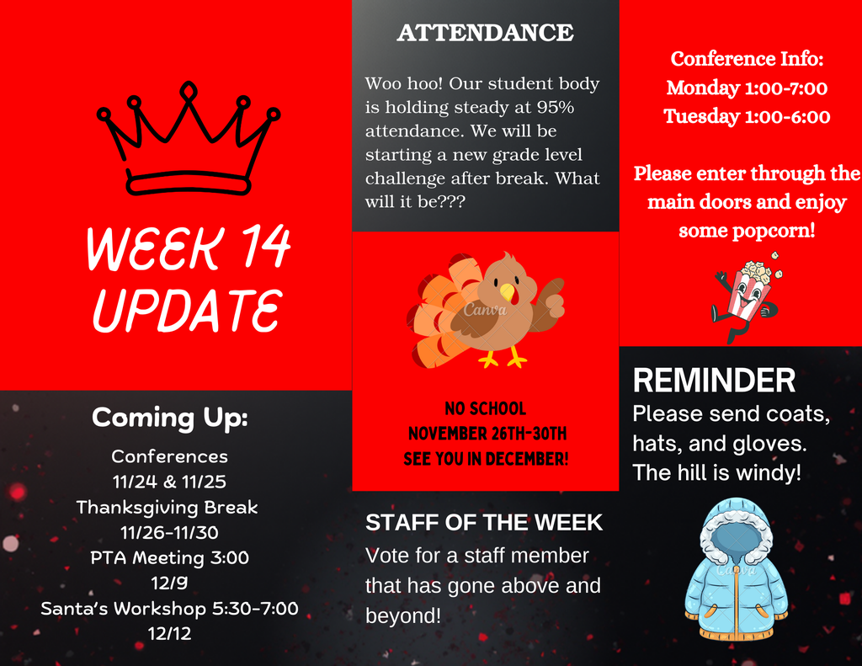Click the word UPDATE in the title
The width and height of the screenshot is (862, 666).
click(188, 310)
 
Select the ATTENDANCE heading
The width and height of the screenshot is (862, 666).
click(486, 33)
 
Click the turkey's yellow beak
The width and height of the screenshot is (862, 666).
click(508, 292)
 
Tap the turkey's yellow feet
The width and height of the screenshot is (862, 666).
click(503, 359)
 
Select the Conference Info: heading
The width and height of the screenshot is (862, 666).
click(748, 59)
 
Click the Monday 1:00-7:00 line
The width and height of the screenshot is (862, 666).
click(748, 88)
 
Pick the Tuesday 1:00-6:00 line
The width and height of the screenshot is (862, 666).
click(748, 116)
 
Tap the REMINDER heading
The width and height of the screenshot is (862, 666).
click(714, 380)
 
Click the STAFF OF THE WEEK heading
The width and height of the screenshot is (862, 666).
click(484, 523)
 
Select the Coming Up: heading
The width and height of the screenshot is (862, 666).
click(170, 418)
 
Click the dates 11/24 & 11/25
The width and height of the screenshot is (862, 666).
click(169, 482)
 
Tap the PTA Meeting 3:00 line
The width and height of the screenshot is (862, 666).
click(169, 557)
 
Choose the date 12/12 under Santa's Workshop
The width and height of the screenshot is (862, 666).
click(169, 633)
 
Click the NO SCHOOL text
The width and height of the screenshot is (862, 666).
click(486, 408)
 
